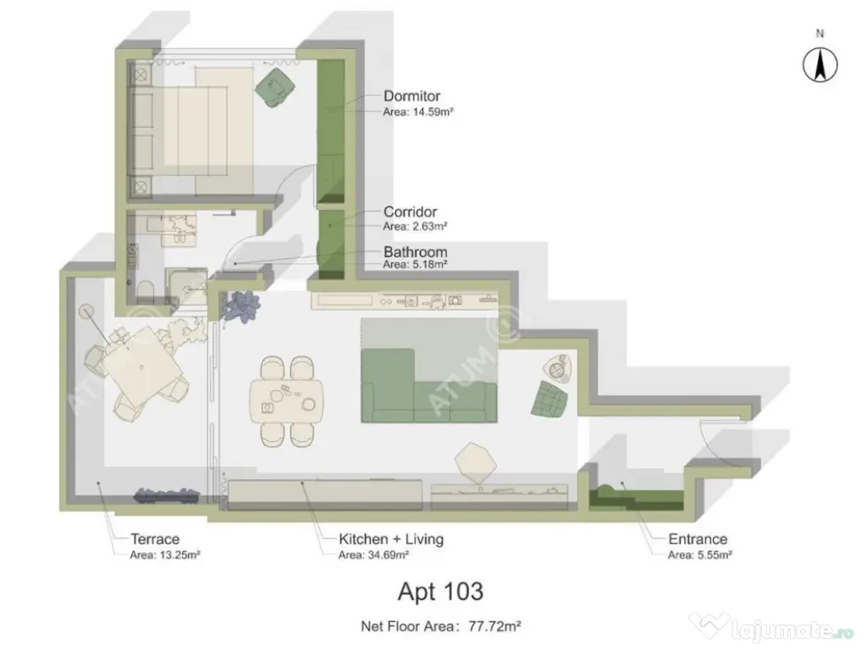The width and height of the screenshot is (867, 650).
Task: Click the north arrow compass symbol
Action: coord(820,65)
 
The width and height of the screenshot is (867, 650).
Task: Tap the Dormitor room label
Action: coord(411,96)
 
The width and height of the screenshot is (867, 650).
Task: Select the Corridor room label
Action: coord(410,212)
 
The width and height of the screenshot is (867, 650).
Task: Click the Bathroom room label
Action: coord(415,252)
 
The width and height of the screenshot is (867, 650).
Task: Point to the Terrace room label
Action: coord(155,539)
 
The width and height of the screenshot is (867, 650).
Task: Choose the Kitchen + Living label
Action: coord(390,539)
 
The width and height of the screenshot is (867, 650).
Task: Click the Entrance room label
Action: coord(698,539)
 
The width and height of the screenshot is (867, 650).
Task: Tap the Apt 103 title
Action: coord(440,590)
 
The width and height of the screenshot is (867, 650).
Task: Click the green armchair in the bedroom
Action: coord(275,86)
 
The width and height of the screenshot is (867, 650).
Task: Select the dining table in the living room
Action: coord(287,399)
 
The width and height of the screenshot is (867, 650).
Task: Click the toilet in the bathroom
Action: coord(144,289)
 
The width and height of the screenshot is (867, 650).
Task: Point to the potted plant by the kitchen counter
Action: coord(240,305)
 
